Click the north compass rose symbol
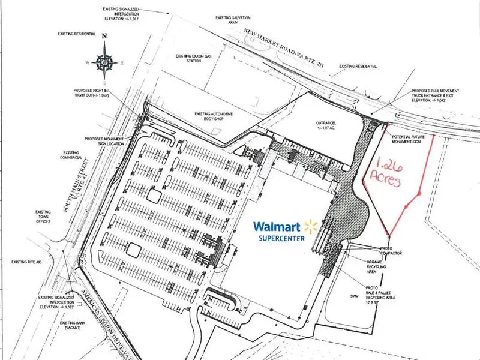(x=105, y=60)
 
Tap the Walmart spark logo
(x=310, y=226)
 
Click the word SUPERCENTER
(x=281, y=238)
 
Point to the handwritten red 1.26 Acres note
(x=381, y=173)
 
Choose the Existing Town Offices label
(x=43, y=216)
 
